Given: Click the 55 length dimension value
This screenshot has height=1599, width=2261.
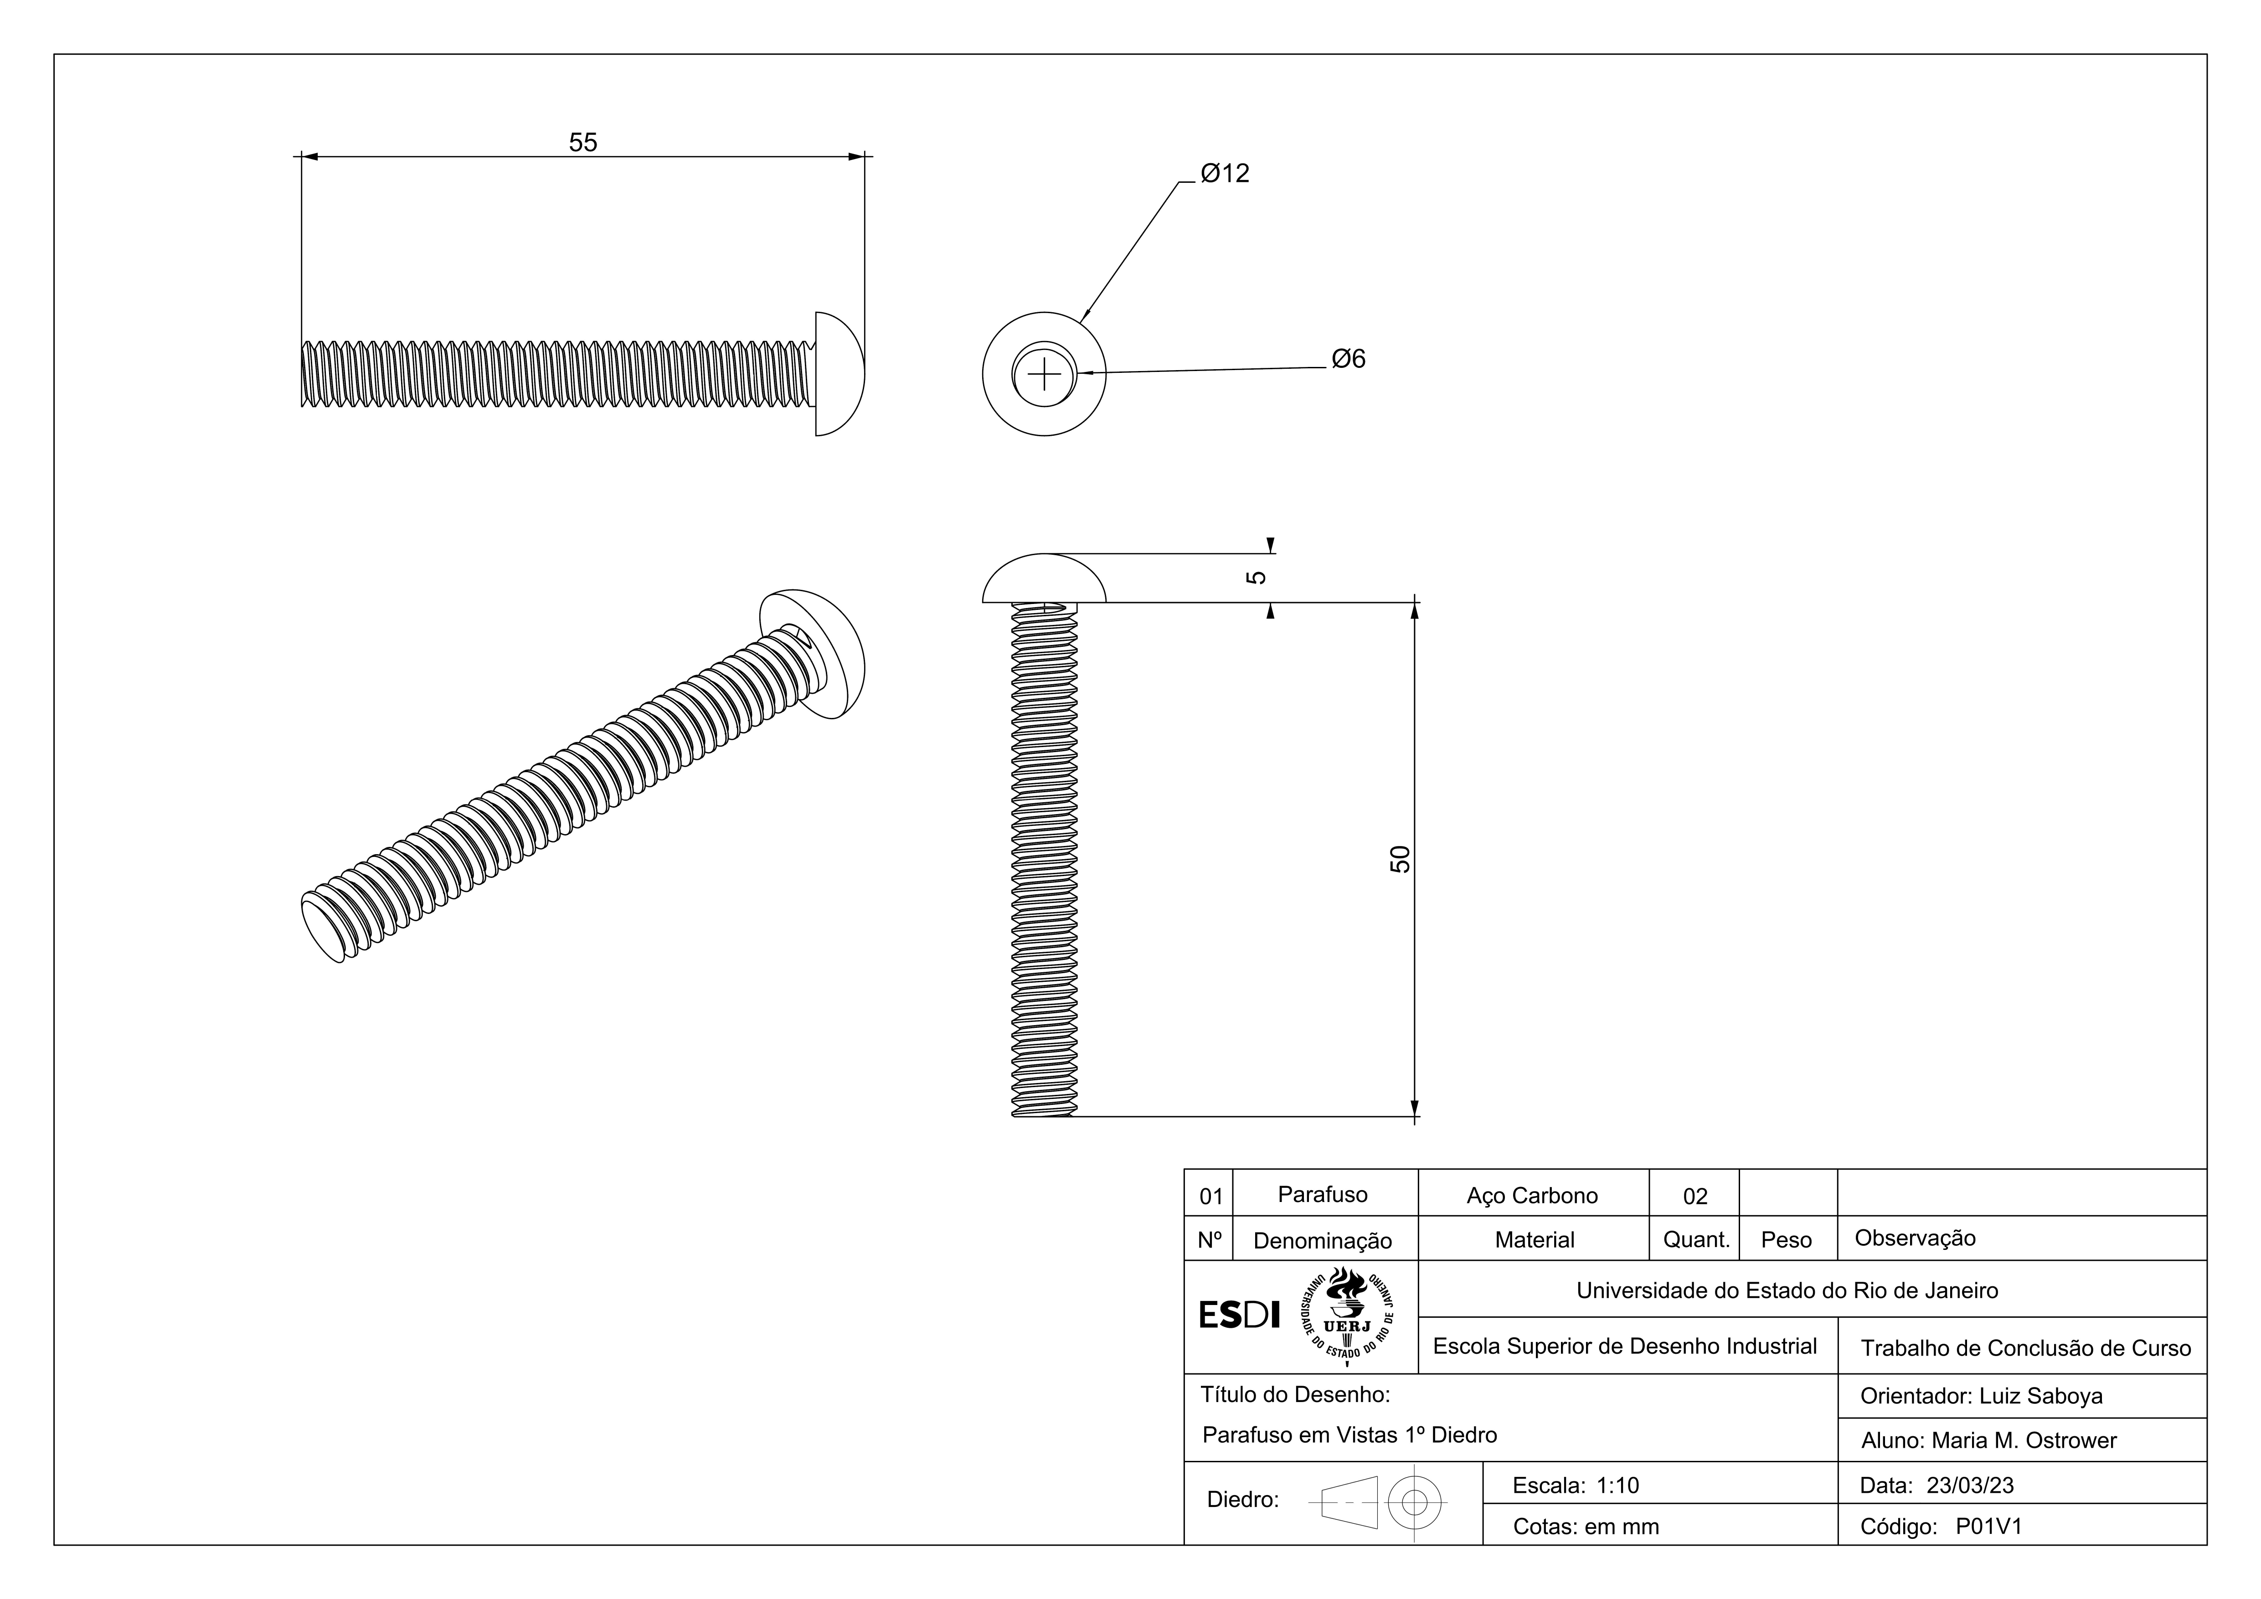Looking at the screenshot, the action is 583,143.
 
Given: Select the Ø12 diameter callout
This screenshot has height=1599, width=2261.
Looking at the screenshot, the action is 1225,173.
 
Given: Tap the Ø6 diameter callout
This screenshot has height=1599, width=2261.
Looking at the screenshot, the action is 1348,359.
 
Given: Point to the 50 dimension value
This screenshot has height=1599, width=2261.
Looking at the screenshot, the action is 1401,859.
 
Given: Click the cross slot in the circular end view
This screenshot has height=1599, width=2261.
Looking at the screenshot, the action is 1044,374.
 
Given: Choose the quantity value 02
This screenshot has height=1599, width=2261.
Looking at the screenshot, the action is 1695,1197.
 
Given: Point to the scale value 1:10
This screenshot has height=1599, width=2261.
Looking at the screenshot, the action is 1618,1486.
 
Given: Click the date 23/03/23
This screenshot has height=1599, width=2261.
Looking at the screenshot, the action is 1971,1486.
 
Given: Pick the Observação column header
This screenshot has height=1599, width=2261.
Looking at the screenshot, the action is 1916,1238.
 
